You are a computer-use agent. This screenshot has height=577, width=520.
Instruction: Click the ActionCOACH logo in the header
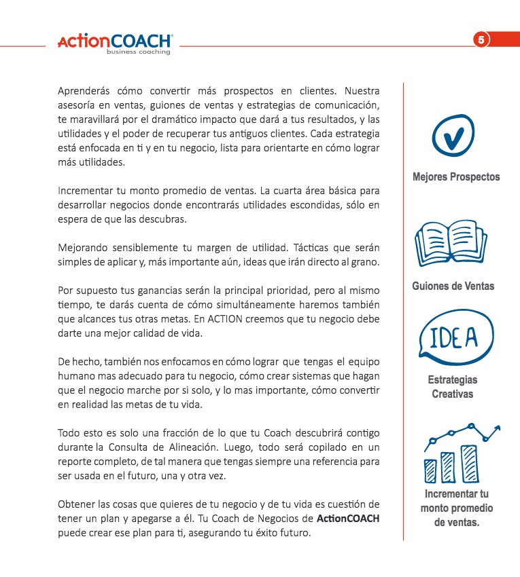[115, 41]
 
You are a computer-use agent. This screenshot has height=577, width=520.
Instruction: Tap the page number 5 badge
[481, 39]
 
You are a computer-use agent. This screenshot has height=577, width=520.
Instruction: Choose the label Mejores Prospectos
[455, 177]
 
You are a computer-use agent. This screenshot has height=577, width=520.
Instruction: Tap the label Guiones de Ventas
[453, 286]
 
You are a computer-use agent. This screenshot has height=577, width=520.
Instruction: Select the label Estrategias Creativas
[453, 387]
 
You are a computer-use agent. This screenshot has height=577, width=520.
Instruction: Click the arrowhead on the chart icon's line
[498, 428]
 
